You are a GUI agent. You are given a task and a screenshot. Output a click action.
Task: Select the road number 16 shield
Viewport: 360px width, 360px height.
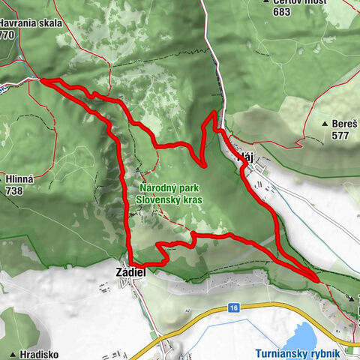click(235, 307)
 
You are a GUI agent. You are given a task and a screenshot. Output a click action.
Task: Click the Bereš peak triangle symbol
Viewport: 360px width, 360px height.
click(323, 123)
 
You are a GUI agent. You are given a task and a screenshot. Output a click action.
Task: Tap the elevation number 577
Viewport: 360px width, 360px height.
click(341, 136)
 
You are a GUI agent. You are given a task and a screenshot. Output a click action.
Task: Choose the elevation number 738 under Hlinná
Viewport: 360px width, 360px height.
click(13, 190)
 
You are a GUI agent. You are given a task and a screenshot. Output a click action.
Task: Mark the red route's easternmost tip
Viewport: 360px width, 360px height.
click(319, 280)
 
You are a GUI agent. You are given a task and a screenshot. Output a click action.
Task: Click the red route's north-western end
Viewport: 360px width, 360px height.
click(40, 79)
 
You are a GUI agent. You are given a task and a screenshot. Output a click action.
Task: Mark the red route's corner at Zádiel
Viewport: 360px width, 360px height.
click(131, 262)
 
